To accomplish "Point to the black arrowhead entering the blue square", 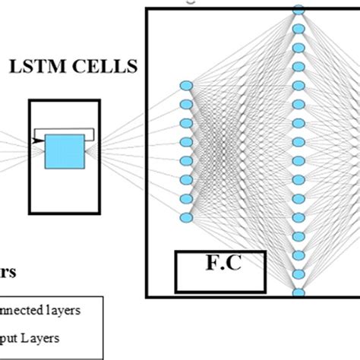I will [39, 140].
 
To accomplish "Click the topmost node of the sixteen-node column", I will [298, 11].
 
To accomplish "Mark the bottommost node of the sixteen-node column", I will [298, 292].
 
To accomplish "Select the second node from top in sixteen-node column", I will [298, 30].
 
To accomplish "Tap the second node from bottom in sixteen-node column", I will [298, 274].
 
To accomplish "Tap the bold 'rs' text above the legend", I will [10, 272].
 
